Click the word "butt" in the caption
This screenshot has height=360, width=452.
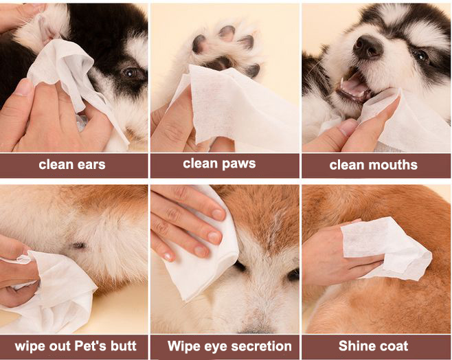[x=123, y=346]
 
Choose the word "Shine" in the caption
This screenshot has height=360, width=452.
[x=356, y=346]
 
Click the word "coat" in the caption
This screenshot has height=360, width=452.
[x=394, y=346]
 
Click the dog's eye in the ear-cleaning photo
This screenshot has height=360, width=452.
[x=131, y=72]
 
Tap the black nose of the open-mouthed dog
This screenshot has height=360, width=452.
[x=368, y=46]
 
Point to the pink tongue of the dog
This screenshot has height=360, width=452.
[x=354, y=85]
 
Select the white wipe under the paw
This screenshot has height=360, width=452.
[x=234, y=106]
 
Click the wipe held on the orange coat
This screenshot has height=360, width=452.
[x=385, y=249]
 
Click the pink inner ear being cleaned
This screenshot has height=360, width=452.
[x=48, y=29]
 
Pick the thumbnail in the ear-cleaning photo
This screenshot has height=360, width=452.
[x=24, y=87]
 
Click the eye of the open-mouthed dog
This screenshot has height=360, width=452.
[x=422, y=56]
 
